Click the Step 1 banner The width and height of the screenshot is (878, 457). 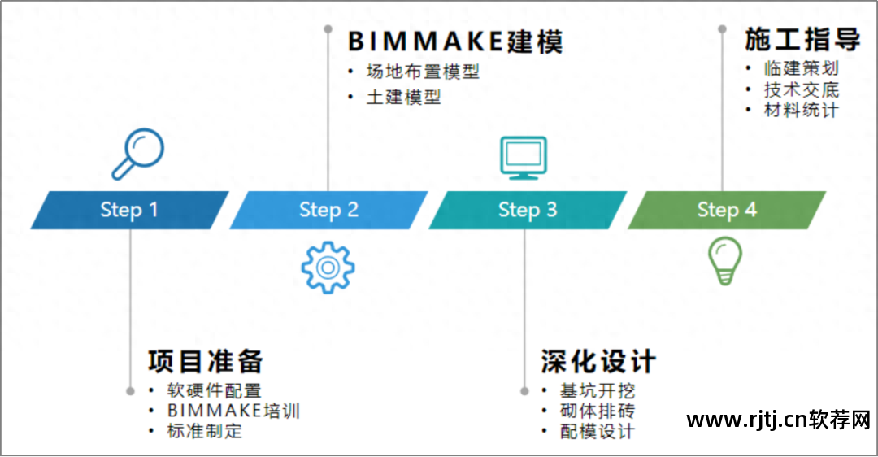(x=129, y=210)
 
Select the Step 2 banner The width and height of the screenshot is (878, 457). (x=328, y=210)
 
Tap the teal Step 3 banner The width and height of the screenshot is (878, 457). (x=528, y=210)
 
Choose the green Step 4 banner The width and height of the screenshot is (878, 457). (x=727, y=210)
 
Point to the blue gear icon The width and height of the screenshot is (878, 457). (x=328, y=267)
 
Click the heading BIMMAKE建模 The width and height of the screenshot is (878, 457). (x=455, y=41)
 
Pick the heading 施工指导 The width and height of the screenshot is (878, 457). (x=802, y=39)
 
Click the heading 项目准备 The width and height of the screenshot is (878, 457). (x=206, y=361)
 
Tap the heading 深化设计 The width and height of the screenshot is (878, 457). (x=598, y=361)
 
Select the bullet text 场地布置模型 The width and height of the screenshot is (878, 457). (x=423, y=72)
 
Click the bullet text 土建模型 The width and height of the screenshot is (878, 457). (x=403, y=98)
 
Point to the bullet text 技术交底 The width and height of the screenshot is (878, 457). (x=802, y=90)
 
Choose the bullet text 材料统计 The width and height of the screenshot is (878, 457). (x=802, y=110)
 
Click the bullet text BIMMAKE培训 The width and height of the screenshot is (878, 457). (x=233, y=411)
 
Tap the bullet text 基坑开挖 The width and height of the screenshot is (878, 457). (x=598, y=391)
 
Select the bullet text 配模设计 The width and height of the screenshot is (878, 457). (x=598, y=431)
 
